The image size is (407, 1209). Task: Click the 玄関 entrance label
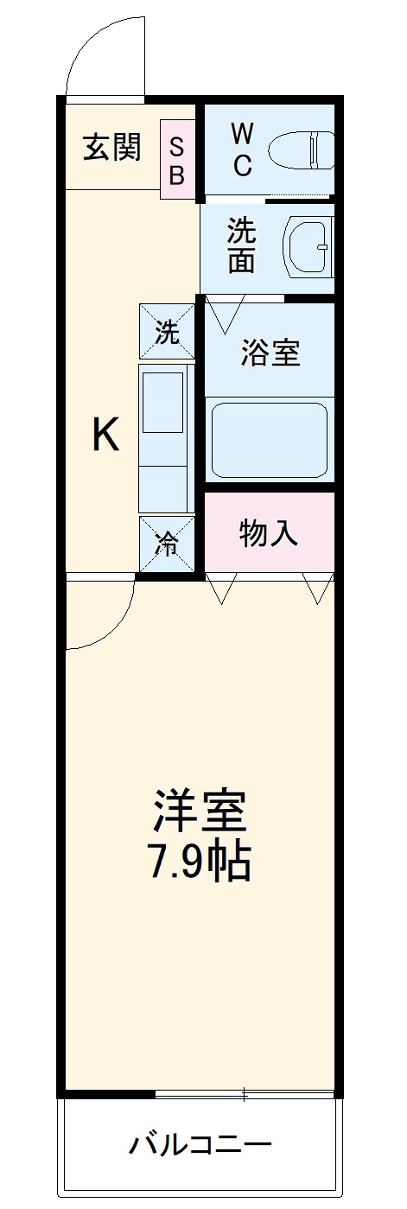pyautogui.click(x=111, y=149)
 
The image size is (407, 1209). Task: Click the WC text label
pyautogui.click(x=242, y=149)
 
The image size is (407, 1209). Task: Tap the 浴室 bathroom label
pyautogui.click(x=270, y=353)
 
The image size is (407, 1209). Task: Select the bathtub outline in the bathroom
pyautogui.click(x=270, y=440)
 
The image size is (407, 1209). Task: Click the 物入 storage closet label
pyautogui.click(x=269, y=534)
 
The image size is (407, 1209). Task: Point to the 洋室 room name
pyautogui.click(x=200, y=810)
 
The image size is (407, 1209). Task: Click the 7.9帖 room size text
pyautogui.click(x=200, y=861)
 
